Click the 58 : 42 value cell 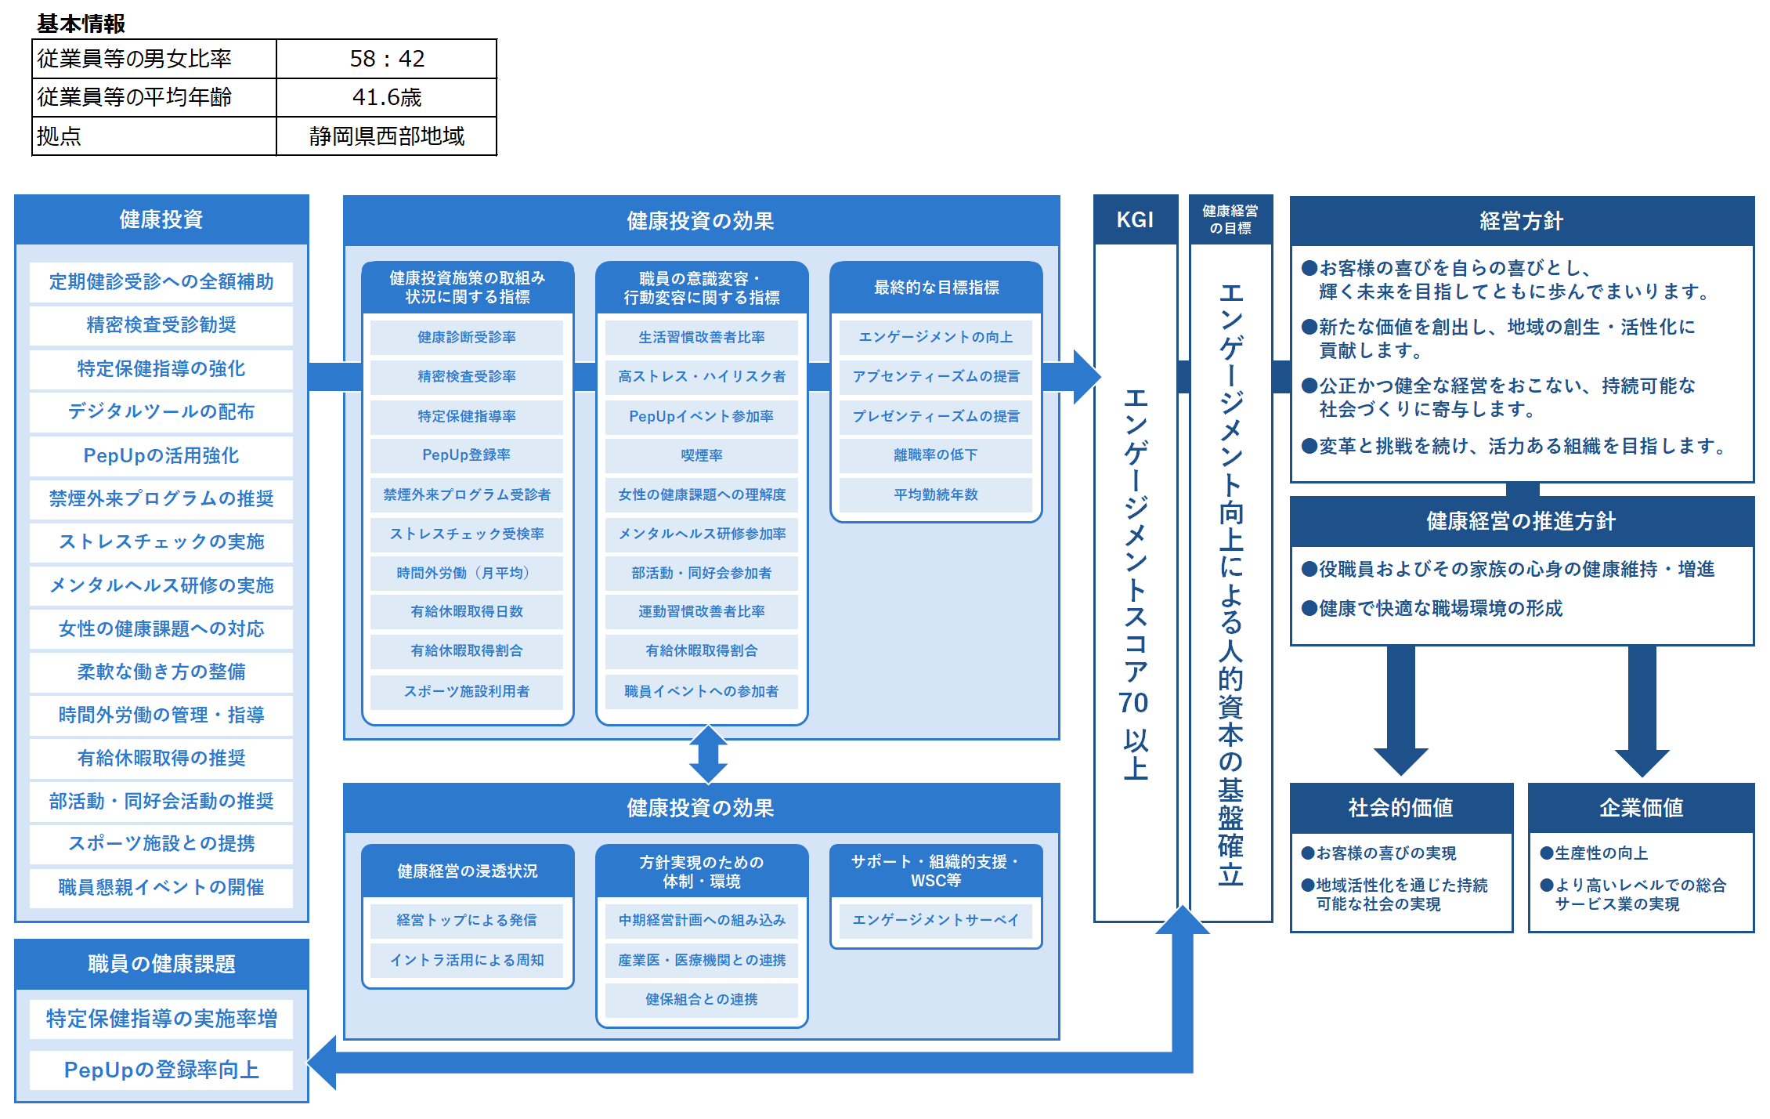pyautogui.click(x=387, y=59)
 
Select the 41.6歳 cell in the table pyautogui.click(x=387, y=97)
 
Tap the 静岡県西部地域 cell pyautogui.click(x=387, y=136)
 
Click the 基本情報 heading pyautogui.click(x=81, y=24)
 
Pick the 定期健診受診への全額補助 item pyautogui.click(x=161, y=282)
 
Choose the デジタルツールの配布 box pyautogui.click(x=161, y=411)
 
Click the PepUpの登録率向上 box pyautogui.click(x=161, y=1070)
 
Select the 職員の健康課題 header pyautogui.click(x=161, y=964)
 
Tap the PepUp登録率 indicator pyautogui.click(x=467, y=455)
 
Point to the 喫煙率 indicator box pyautogui.click(x=702, y=455)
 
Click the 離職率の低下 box pyautogui.click(x=936, y=455)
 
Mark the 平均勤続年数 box pyautogui.click(x=936, y=494)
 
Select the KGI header pyautogui.click(x=1135, y=220)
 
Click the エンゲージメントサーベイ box pyautogui.click(x=936, y=920)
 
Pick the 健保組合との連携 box pyautogui.click(x=702, y=999)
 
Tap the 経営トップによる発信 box pyautogui.click(x=467, y=920)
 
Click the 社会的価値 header pyautogui.click(x=1401, y=808)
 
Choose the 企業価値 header pyautogui.click(x=1642, y=808)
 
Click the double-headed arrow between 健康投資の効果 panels pyautogui.click(x=708, y=755)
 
